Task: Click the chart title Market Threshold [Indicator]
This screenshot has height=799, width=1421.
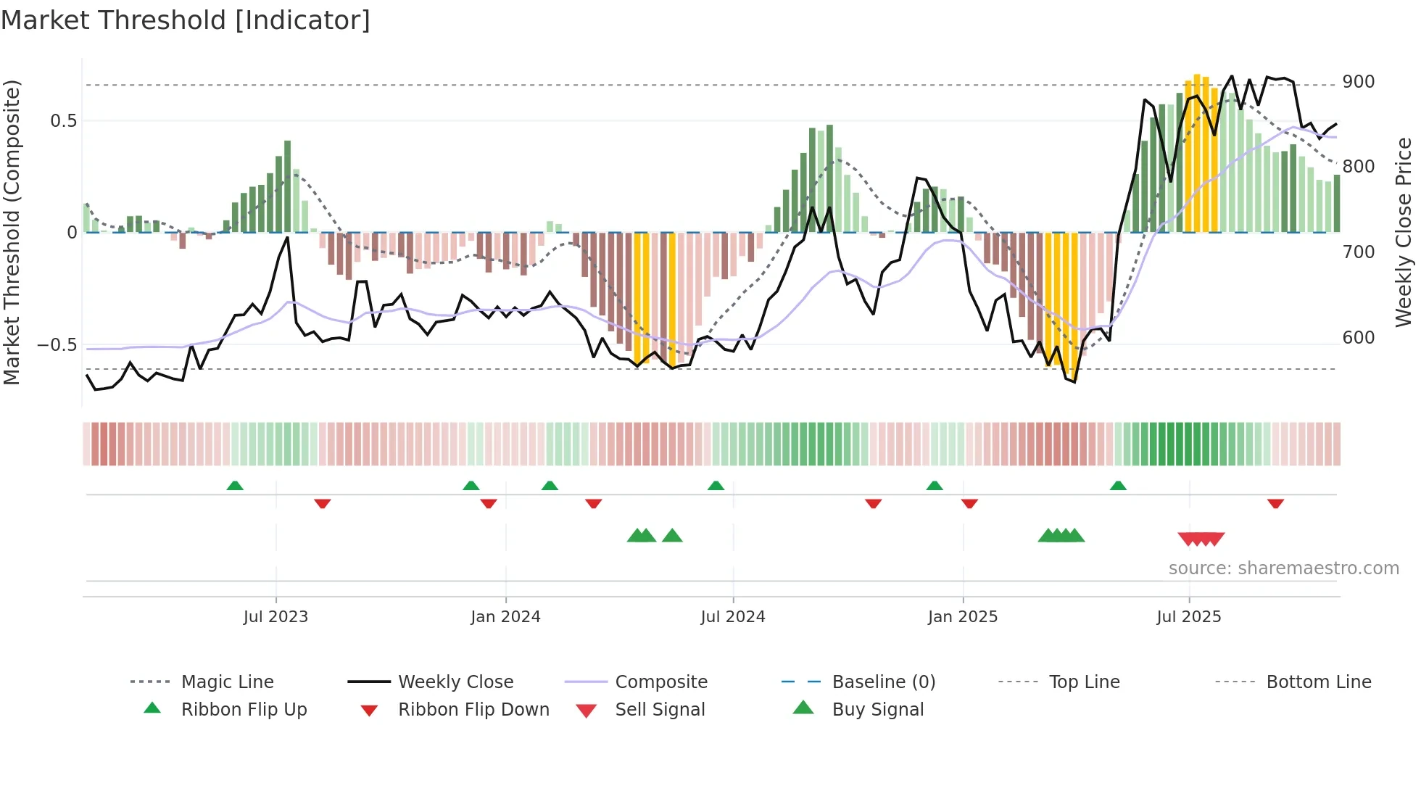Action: [186, 20]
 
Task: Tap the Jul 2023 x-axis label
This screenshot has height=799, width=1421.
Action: [275, 617]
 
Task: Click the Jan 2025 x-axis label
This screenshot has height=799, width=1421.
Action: [963, 617]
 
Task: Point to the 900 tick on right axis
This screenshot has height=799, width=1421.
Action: [1358, 82]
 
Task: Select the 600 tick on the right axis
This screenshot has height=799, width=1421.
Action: [1358, 338]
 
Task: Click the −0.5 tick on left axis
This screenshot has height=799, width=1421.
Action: [57, 345]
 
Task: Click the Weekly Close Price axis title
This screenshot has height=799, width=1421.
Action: [1404, 232]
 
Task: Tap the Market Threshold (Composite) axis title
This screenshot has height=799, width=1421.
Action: [12, 232]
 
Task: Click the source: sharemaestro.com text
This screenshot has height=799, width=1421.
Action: [1283, 568]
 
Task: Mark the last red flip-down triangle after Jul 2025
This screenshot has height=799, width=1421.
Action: [1275, 503]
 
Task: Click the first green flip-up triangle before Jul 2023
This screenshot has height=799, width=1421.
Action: [235, 486]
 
